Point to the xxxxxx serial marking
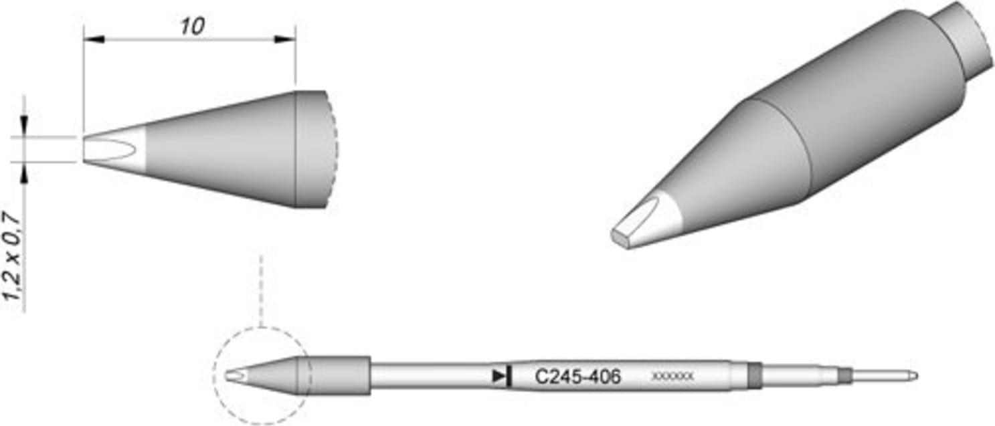672,378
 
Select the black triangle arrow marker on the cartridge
499,376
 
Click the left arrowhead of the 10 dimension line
94,39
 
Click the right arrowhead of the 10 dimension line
285,39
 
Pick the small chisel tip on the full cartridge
234,376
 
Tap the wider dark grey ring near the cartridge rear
755,376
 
